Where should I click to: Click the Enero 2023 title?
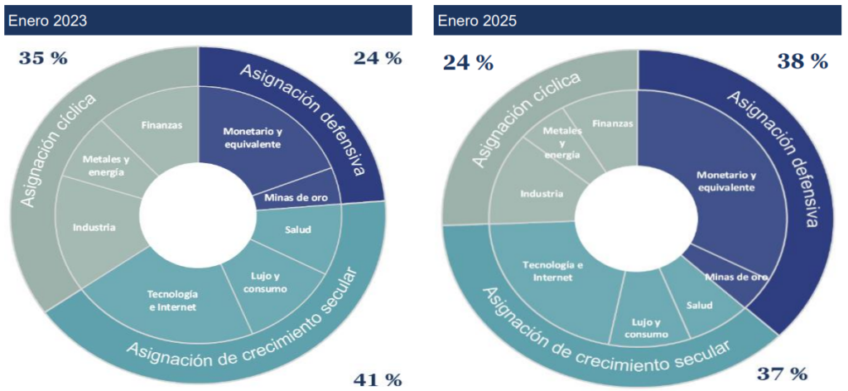48,21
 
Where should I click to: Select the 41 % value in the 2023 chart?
377,379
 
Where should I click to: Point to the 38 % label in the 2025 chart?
802,60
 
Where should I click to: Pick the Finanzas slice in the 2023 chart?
161,125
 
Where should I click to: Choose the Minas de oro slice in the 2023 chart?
296,196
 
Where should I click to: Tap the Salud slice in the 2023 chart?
296,229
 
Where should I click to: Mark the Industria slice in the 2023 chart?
93,226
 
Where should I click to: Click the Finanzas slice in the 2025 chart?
613,123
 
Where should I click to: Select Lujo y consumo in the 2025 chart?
640,327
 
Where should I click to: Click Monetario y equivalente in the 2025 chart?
725,181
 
